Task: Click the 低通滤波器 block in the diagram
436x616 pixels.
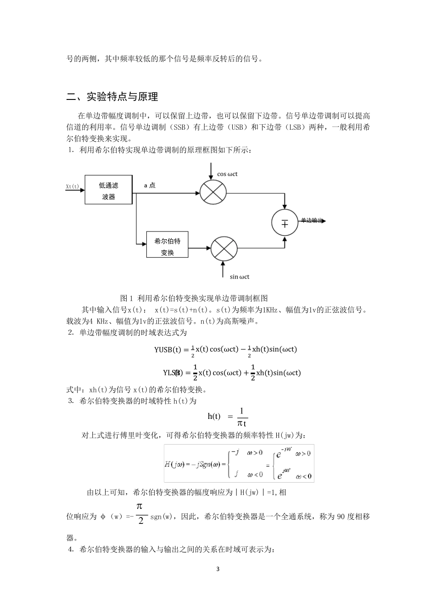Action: click(108, 189)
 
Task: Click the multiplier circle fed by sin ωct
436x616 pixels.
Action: click(224, 249)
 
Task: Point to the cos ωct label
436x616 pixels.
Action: click(227, 174)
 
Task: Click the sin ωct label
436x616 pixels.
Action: click(240, 277)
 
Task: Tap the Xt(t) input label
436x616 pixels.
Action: click(73, 187)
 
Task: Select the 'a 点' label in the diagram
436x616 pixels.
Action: click(150, 185)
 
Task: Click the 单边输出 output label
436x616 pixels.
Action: click(312, 220)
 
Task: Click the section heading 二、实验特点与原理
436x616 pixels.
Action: click(112, 97)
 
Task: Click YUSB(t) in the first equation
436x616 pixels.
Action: click(168, 350)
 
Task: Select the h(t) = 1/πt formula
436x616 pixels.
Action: click(228, 416)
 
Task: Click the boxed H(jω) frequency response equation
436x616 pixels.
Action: click(239, 463)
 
